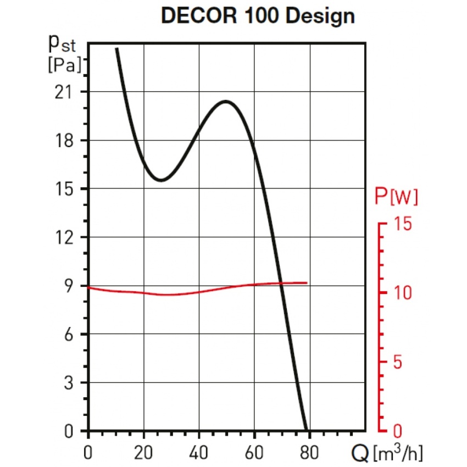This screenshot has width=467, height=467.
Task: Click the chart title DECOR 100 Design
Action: click(x=258, y=16)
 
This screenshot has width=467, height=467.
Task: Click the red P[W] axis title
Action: click(x=396, y=197)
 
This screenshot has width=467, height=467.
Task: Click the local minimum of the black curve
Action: click(x=160, y=180)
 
